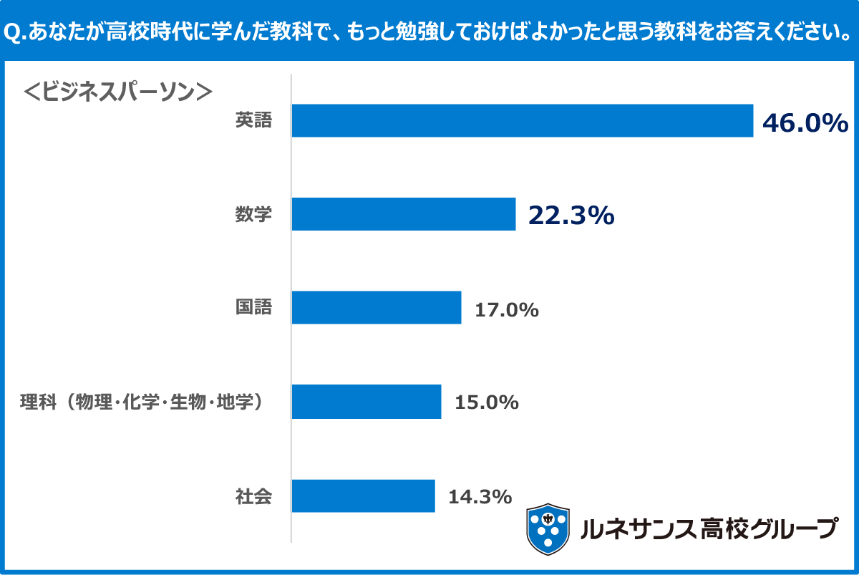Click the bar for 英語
coord(522,120)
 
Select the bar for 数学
coord(403,214)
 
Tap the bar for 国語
coord(376,308)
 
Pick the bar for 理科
coord(366,402)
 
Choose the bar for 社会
coord(363,496)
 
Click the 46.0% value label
coord(805,123)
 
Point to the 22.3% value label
coord(571,216)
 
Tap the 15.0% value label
coord(486,403)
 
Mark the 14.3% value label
coord(480,496)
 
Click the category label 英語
coord(254,120)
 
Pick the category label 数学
coord(254,214)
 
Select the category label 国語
coord(254,308)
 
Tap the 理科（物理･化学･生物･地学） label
coord(141,402)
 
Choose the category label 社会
coord(254,496)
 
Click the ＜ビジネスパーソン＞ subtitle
coord(119,90)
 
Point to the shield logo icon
coord(548,529)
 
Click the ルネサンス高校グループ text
coord(709,528)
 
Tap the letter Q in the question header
coord(12,33)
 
